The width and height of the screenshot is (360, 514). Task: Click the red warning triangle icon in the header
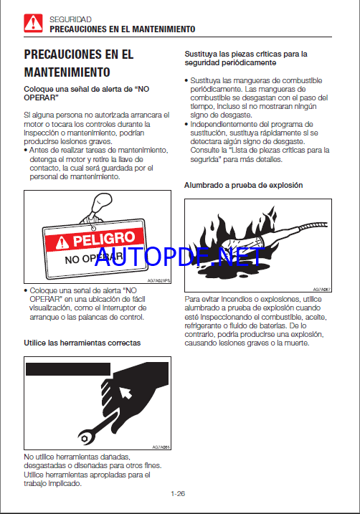coord(33,23)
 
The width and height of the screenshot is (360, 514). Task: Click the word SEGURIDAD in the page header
coord(70,19)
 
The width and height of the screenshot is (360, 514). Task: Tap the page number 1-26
coord(178,494)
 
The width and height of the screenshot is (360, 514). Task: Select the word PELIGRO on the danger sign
coord(103,239)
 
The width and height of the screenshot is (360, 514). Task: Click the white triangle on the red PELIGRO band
coord(62,243)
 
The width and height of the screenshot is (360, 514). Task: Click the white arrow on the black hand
coord(125,392)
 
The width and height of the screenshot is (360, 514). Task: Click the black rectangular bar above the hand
coord(68,369)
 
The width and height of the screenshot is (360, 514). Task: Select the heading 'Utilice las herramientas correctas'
coord(82,343)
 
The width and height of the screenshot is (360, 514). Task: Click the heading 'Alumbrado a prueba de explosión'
coord(243,185)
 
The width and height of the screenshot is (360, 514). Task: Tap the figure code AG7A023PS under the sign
coord(158,280)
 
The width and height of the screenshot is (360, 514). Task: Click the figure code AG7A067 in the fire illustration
coord(322,290)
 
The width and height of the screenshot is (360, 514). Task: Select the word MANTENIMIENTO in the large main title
coord(67,72)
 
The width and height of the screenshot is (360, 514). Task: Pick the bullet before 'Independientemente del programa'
coord(186,124)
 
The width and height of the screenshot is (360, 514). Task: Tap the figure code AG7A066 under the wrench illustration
coord(161,447)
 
